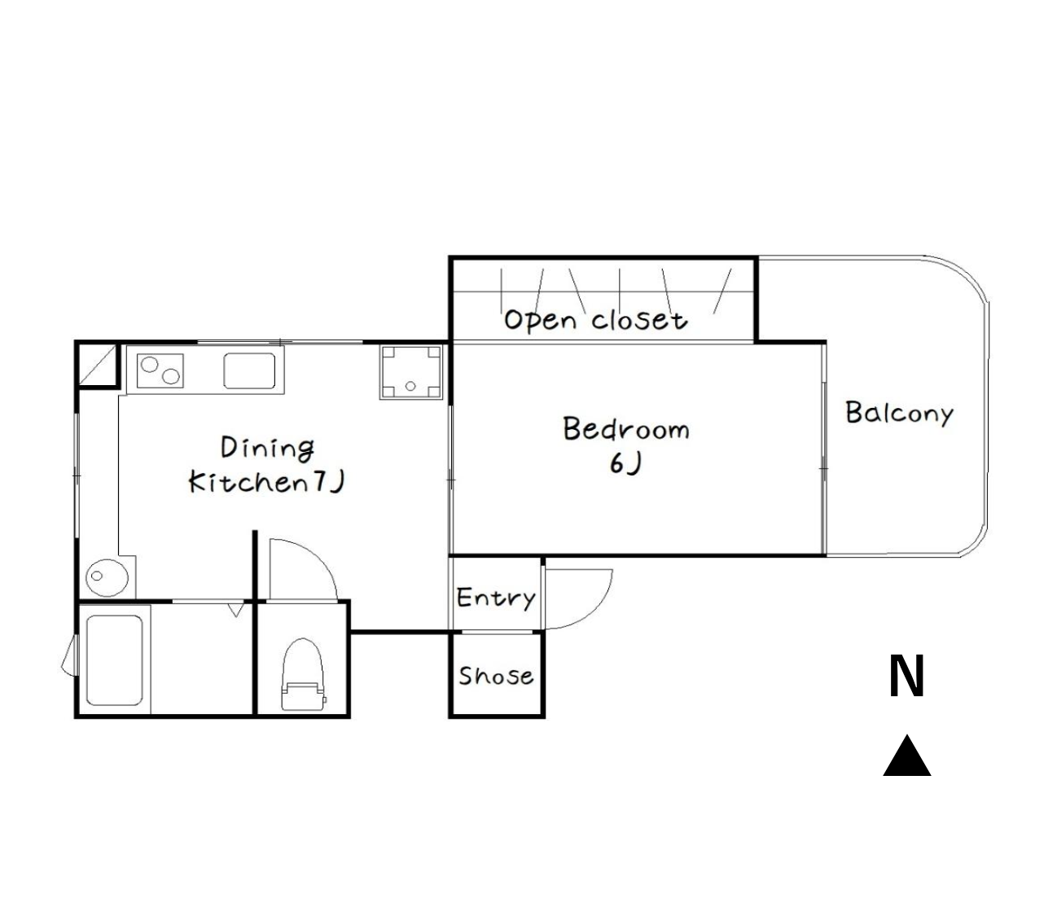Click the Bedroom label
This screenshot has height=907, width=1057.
tap(626, 429)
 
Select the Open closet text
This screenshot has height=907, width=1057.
tap(596, 321)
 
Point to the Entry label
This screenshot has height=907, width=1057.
tap(495, 598)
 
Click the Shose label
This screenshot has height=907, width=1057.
tap(496, 676)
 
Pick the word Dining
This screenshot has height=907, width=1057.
tap(267, 449)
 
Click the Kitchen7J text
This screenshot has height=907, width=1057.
tap(266, 482)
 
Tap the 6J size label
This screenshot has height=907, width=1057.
tap(625, 464)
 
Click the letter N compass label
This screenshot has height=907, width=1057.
tap(906, 676)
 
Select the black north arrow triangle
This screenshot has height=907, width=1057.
tap(906, 756)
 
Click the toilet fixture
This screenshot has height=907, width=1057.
tap(303, 674)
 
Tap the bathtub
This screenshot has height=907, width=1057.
tap(114, 660)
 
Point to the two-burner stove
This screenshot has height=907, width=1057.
tap(160, 370)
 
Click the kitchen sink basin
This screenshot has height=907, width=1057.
tap(249, 370)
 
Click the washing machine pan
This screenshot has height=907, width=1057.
tap(410, 372)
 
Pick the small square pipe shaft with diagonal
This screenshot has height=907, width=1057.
tap(97, 365)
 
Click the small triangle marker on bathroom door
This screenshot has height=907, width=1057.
tap(235, 610)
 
